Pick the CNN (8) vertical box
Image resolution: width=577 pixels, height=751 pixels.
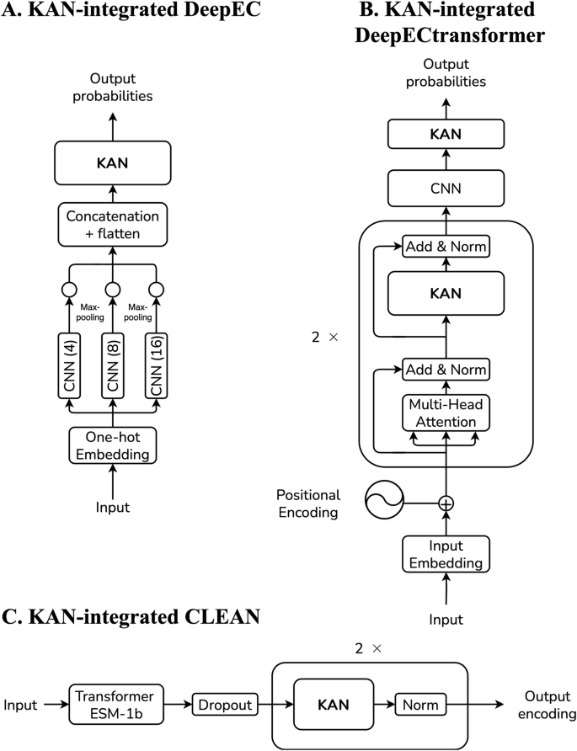click(113, 367)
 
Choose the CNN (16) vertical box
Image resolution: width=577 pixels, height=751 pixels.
click(156, 367)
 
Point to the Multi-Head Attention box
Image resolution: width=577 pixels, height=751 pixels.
click(446, 413)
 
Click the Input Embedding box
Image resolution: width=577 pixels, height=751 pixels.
click(446, 555)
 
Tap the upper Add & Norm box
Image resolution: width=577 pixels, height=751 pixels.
click(446, 247)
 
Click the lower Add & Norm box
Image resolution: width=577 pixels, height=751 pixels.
click(446, 369)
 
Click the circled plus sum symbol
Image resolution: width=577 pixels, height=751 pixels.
click(446, 503)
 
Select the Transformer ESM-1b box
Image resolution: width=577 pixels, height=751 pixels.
click(114, 704)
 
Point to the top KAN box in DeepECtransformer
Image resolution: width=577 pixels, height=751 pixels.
click(446, 134)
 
